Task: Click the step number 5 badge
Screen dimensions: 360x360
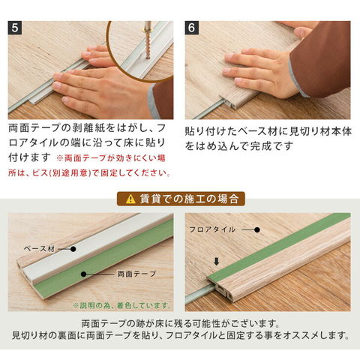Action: point(15,28)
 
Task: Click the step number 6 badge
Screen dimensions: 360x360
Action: point(192,28)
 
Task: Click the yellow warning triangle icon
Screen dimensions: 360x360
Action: point(130,199)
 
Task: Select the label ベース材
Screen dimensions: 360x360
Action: point(39,249)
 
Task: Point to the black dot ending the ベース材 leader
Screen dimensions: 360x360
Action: point(73,249)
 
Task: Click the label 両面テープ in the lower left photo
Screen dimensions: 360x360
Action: point(136,274)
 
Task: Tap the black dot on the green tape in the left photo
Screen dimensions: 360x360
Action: point(84,274)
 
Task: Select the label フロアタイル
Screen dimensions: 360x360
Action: point(212,229)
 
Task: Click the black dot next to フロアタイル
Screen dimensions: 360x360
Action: point(257,229)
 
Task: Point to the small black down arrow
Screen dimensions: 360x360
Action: point(217,262)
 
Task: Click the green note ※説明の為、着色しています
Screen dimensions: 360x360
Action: point(121,305)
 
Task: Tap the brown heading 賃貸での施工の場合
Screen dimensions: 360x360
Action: point(181,199)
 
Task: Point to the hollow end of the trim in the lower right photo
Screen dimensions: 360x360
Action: point(220,290)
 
